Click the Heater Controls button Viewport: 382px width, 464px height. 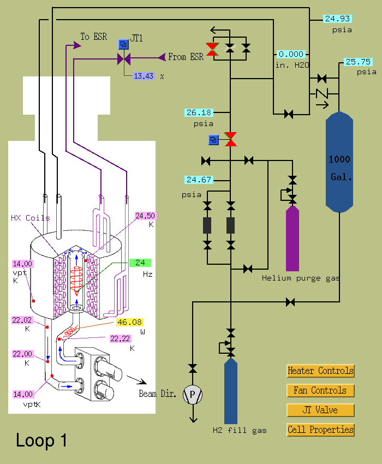click(320, 371)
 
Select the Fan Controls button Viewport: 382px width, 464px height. click(320, 391)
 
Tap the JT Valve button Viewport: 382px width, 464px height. click(320, 410)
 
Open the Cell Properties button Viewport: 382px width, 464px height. click(320, 430)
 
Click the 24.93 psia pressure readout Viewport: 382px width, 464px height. click(337, 19)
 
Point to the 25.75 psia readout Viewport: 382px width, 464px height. click(358, 62)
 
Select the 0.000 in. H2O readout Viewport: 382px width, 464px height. click(291, 54)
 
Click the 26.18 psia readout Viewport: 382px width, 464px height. click(199, 112)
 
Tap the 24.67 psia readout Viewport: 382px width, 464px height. click(199, 180)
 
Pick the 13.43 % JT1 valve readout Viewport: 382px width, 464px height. click(144, 76)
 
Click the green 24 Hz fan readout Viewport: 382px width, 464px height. click(140, 263)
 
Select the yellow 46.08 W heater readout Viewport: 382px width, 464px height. click(129, 322)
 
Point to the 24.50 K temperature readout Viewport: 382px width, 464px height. click(145, 216)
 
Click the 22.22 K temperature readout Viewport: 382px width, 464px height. click(120, 338)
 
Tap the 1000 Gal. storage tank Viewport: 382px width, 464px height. click(339, 162)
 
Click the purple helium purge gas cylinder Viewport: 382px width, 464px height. click(293, 239)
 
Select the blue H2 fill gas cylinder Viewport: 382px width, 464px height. click(231, 391)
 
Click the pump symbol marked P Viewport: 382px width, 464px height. click(193, 395)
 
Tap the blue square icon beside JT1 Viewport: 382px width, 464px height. click(123, 44)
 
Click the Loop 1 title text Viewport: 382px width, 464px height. click(41, 440)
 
